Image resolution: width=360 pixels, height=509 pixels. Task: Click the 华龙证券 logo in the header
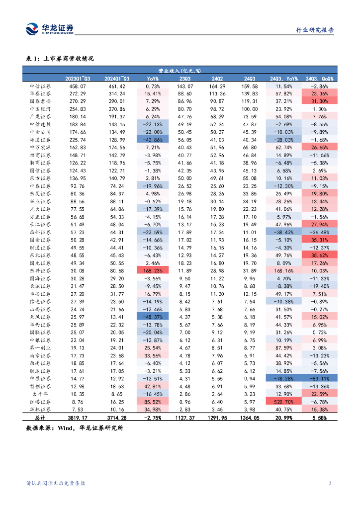pos(49,29)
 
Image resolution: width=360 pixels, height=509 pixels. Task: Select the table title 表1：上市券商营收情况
pos(60,59)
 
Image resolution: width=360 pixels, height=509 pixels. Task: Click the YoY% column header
pos(153,79)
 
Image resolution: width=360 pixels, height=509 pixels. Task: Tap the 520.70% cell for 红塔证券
pos(284,402)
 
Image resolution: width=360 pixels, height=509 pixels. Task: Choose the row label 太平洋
pos(40,394)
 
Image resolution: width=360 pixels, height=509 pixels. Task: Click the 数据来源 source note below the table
pos(74,427)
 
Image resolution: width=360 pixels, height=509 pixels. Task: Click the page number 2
pos(330,483)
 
